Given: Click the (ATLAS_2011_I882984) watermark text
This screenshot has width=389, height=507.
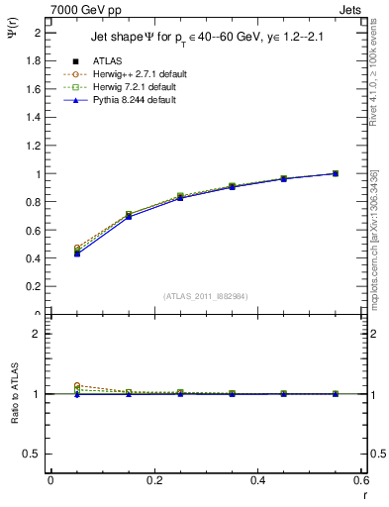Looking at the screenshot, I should point(206,296).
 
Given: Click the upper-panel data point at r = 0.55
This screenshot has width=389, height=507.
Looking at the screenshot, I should point(336,173).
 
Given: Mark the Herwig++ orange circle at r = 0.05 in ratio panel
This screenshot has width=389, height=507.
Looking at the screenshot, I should point(77,386).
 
